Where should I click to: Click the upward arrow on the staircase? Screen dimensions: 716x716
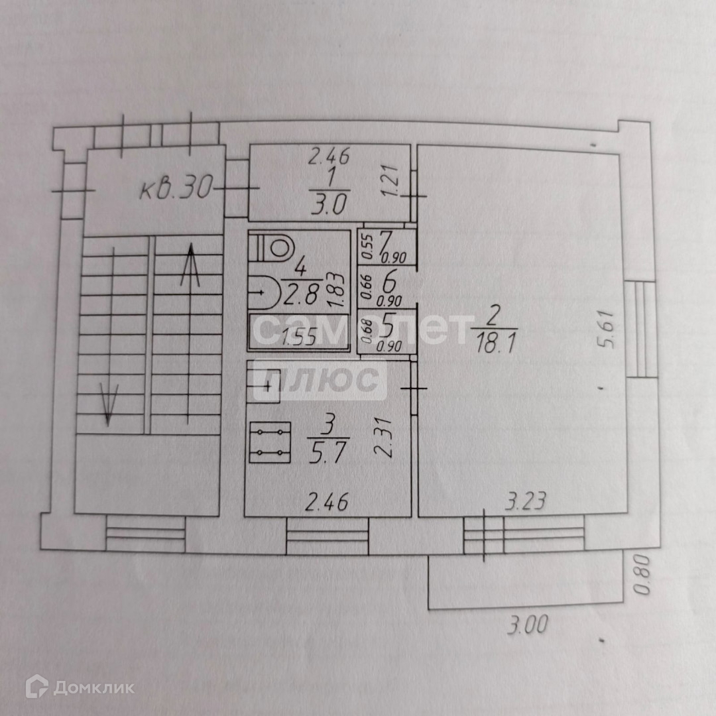[x=190, y=265]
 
